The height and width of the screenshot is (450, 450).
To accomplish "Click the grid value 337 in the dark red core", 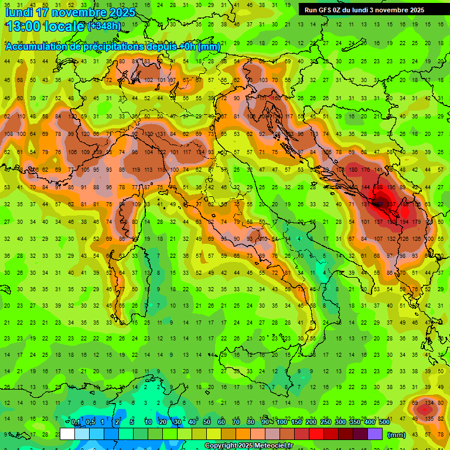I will [x=391, y=204].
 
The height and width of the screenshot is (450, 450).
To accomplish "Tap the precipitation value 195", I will [x=390, y=187].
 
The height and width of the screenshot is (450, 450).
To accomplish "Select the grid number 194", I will [x=404, y=222].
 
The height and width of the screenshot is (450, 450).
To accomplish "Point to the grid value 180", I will [x=352, y=170].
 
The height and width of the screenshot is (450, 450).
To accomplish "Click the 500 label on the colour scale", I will [x=384, y=422].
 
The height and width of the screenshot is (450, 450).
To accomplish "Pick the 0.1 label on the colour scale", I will [x=76, y=422].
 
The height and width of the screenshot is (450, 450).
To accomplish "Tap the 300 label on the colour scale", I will [x=340, y=422].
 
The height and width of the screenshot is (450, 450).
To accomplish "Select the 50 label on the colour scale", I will [x=207, y=422].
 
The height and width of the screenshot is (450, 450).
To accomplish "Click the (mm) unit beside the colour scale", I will [x=397, y=434].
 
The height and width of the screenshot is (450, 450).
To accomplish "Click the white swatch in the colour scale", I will [x=67, y=434].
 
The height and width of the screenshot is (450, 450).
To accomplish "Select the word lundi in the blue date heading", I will [x=18, y=12].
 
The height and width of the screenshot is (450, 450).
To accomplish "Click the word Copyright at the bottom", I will [x=221, y=445].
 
